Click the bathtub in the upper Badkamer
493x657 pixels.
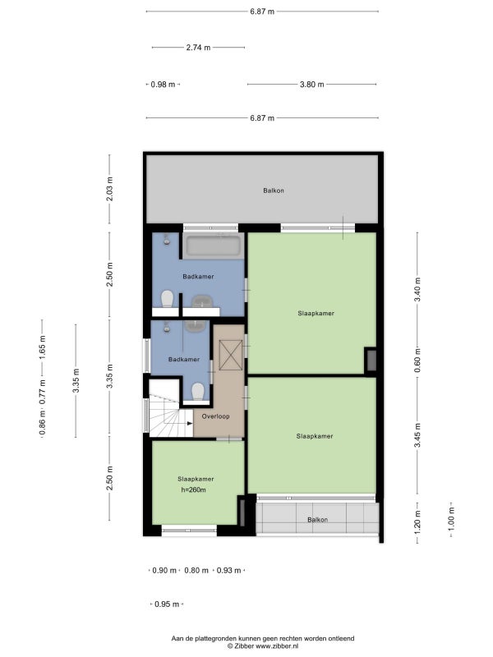click(x=214, y=245)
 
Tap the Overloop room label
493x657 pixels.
click(x=215, y=416)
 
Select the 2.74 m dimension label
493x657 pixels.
click(x=198, y=48)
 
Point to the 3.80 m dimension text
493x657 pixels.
click(x=312, y=85)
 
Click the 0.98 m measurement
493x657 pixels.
click(x=163, y=85)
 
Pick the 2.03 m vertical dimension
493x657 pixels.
click(x=109, y=189)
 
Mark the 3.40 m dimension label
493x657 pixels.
click(x=417, y=290)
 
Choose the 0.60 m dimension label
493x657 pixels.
click(x=417, y=361)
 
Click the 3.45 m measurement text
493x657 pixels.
click(x=417, y=435)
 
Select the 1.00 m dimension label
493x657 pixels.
click(x=451, y=519)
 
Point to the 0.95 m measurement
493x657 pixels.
click(x=167, y=604)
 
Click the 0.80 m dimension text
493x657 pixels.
click(x=196, y=570)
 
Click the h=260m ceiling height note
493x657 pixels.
click(x=193, y=489)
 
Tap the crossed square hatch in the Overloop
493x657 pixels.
click(x=231, y=356)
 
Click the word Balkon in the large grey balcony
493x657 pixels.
click(x=274, y=191)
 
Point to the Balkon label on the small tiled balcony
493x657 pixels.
click(x=318, y=520)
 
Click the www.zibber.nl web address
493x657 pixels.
click(x=277, y=646)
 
